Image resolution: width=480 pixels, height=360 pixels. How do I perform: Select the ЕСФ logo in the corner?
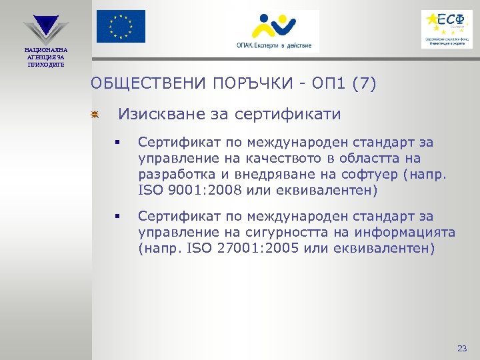point(447,29)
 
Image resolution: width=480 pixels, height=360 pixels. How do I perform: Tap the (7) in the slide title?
point(363,84)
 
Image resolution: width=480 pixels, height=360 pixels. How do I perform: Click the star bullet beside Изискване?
point(95,116)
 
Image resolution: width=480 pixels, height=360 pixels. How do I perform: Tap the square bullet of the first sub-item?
point(117,143)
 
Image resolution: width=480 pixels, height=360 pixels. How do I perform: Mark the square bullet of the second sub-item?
point(117,217)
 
